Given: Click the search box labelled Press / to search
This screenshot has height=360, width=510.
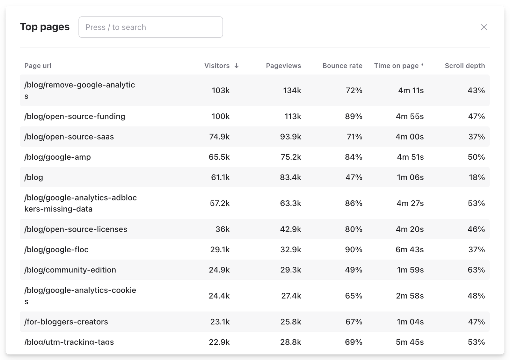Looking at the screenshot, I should pos(150,27).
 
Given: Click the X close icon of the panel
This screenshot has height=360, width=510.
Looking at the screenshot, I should pos(484,27).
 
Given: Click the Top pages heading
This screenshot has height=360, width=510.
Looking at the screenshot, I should pos(45,27).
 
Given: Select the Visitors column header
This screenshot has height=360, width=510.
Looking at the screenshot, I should pos(217,66).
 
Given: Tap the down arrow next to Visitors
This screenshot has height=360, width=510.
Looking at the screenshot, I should pos(237,66).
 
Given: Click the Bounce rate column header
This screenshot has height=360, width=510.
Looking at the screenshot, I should pos(342,66).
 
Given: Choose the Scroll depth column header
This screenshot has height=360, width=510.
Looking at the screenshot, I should pos(464,66).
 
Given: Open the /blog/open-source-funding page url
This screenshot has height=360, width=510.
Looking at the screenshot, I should pos(75,116).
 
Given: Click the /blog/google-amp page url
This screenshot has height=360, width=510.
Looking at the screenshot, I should pos(57,157).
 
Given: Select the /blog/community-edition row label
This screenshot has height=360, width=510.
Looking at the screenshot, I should pos(70,270).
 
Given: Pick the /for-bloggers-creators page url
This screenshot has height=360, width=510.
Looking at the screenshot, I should pos(66,322).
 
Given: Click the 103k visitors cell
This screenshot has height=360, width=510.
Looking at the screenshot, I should pos(221,90).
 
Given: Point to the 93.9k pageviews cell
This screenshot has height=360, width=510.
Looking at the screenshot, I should pos(290,137).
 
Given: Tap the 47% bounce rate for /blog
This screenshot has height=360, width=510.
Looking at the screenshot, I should pos(354,177).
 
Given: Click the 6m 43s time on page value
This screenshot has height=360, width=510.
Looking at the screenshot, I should pos(409,249).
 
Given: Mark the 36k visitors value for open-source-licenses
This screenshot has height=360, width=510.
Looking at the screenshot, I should pos(222,229).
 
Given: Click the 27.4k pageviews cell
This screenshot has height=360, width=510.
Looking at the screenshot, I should pos(291,296).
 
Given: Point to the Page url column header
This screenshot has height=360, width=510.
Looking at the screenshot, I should pos(38,66).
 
